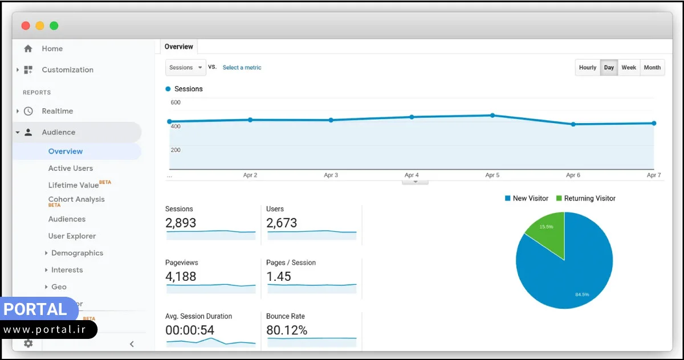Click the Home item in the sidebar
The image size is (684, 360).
point(51,49)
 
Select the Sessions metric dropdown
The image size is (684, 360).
point(185,67)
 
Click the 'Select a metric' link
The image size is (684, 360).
point(242,67)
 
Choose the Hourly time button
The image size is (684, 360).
point(587,67)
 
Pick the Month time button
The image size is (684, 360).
point(652,67)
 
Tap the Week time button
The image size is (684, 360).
point(629,67)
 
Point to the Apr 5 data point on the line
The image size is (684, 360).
point(492,115)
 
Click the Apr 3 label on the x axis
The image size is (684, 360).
point(331,175)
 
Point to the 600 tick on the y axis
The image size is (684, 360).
point(176,103)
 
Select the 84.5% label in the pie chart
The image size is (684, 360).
point(582,294)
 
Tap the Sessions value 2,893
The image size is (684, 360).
point(181,223)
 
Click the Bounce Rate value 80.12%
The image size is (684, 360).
point(287,330)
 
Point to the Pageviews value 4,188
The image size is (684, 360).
point(181,277)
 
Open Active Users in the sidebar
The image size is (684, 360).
point(70,168)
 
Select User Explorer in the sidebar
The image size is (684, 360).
point(72,236)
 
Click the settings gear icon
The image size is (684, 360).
point(28,343)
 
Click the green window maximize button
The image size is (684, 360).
point(54,26)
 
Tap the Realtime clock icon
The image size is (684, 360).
point(28,111)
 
